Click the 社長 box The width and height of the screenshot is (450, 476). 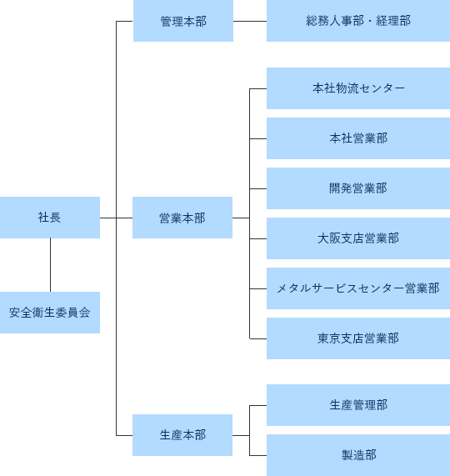[x=49, y=218]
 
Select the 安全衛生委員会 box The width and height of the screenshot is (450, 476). [x=49, y=313]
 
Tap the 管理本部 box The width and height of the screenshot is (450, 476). [x=182, y=21]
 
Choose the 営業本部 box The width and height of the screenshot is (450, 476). [x=182, y=218]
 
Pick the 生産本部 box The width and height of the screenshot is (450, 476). [x=182, y=434]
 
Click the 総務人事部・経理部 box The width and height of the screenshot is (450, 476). [x=358, y=21]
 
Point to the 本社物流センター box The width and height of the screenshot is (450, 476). [x=358, y=88]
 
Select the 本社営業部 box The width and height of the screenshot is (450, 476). [x=358, y=138]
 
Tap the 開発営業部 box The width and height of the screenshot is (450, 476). [x=358, y=188]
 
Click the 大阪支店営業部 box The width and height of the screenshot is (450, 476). [x=358, y=238]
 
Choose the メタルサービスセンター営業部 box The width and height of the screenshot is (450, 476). [x=358, y=288]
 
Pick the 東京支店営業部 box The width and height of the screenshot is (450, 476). [x=358, y=338]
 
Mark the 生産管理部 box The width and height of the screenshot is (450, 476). [x=358, y=404]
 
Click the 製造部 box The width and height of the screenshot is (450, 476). [x=358, y=454]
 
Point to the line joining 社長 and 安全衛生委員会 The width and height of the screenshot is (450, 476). [x=50, y=265]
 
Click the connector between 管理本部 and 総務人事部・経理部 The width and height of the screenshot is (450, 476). [x=249, y=21]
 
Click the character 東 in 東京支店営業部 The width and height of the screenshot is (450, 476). [x=323, y=338]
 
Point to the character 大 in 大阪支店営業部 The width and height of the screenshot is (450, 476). [x=323, y=238]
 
